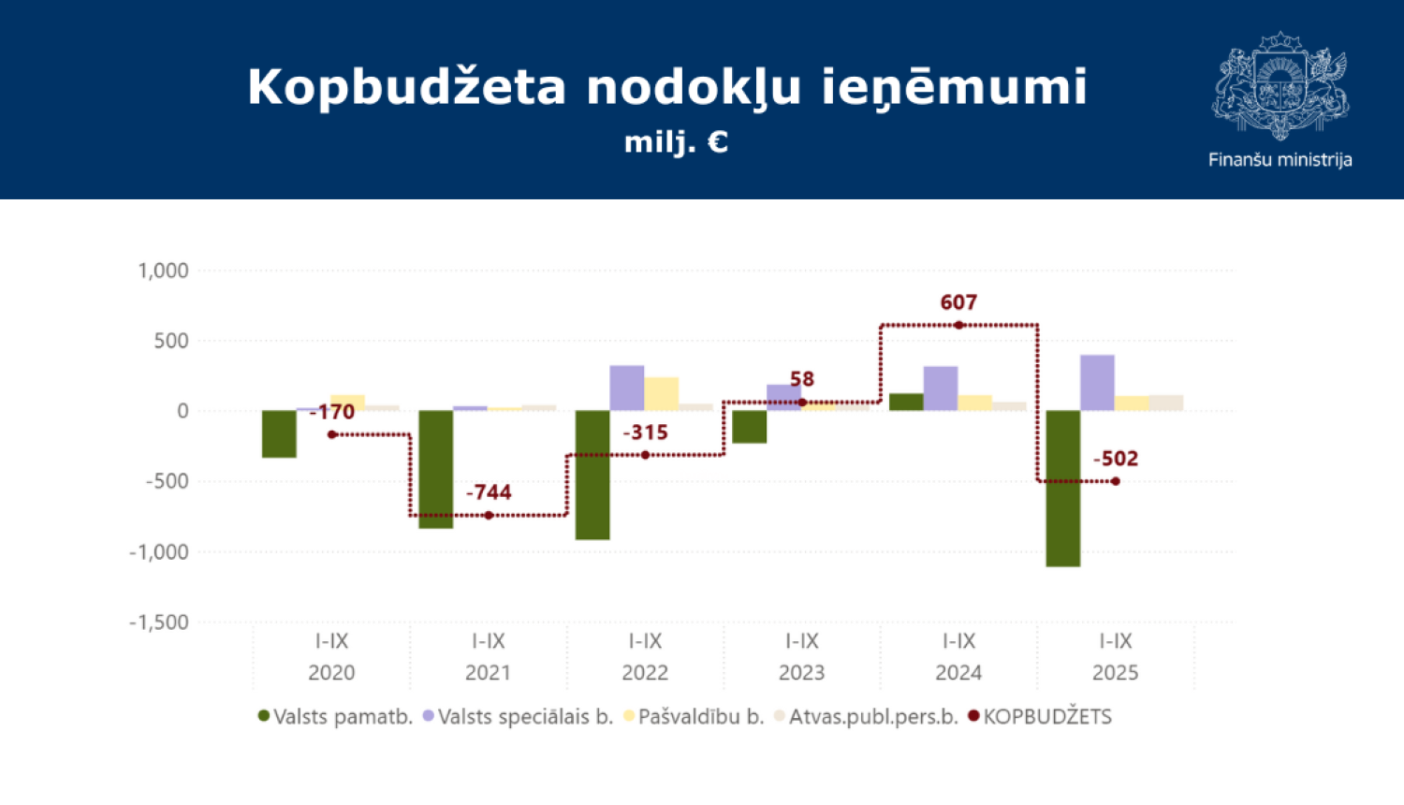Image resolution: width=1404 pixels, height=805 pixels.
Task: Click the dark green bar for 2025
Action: tap(1062, 488)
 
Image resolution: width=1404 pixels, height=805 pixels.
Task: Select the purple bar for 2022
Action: tap(626, 388)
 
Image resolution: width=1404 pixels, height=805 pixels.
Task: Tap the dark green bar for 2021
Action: tap(435, 469)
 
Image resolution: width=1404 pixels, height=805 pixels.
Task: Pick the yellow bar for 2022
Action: tap(661, 393)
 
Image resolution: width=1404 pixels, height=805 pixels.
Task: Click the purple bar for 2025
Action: tap(1097, 382)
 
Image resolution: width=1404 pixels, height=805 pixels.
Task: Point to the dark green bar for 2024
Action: tap(905, 402)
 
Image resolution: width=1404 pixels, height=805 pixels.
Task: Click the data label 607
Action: tap(958, 302)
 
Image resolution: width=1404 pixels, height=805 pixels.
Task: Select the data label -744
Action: tap(489, 492)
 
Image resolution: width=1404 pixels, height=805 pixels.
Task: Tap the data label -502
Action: tap(1116, 459)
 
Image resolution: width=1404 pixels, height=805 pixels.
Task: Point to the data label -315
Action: tap(645, 432)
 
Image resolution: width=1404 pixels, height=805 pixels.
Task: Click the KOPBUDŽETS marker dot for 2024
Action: tap(958, 326)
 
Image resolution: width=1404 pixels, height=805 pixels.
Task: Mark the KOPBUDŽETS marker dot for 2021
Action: tap(489, 516)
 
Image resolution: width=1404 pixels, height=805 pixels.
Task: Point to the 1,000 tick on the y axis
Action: tap(164, 271)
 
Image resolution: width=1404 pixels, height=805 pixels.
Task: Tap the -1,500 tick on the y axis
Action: tap(159, 622)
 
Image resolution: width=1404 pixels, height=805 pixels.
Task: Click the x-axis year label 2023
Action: tap(802, 673)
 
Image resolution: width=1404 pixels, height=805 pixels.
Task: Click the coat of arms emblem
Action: tap(1280, 85)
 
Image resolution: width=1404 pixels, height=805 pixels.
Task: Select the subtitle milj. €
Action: tap(676, 142)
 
